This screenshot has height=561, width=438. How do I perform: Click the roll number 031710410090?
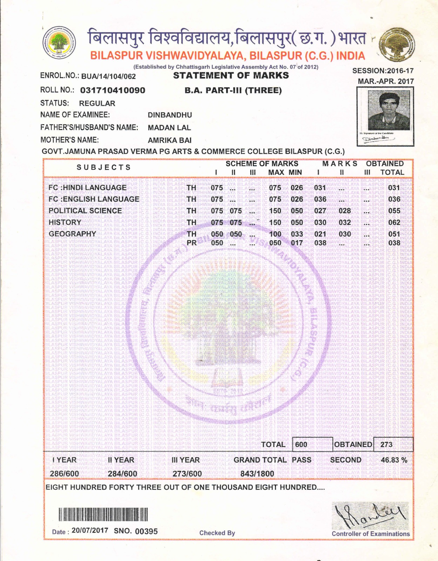pyautogui.click(x=113, y=90)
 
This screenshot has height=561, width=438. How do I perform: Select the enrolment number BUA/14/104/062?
pyautogui.click(x=108, y=76)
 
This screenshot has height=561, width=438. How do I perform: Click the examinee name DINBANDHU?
pyautogui.click(x=170, y=115)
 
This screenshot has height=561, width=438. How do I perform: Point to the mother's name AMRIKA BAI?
pyautogui.click(x=169, y=140)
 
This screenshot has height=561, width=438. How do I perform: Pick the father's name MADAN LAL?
pyautogui.click(x=169, y=128)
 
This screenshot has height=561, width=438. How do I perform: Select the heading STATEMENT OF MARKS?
pyautogui.click(x=231, y=76)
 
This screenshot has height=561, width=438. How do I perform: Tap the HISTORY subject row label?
pyautogui.click(x=65, y=222)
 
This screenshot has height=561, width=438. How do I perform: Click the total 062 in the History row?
pyautogui.click(x=394, y=222)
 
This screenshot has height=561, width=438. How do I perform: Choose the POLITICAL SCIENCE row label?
pyautogui.click(x=85, y=211)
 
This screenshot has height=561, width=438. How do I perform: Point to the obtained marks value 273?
pyautogui.click(x=386, y=445)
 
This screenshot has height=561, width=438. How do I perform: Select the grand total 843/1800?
pyautogui.click(x=257, y=474)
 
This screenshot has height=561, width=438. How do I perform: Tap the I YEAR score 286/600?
pyautogui.click(x=64, y=474)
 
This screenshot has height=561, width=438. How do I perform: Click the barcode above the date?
pyautogui.click(x=103, y=515)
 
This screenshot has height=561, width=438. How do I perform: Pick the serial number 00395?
pyautogui.click(x=146, y=532)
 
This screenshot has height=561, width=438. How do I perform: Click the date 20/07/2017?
pyautogui.click(x=90, y=530)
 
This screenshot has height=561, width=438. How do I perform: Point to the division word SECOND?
pyautogui.click(x=346, y=460)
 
